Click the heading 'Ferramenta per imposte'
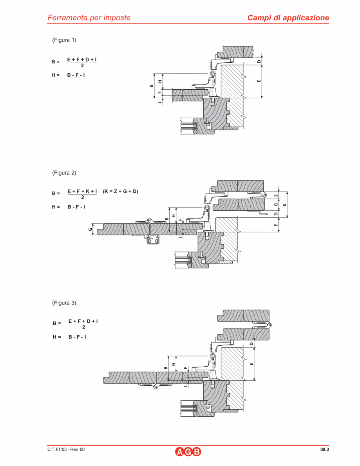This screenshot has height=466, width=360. point(89,18)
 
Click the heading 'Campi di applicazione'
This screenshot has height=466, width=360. point(288,18)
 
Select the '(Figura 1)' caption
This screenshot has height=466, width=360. point(64,40)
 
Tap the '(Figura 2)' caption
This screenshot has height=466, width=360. point(64,172)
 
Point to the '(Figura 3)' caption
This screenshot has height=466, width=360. point(64,303)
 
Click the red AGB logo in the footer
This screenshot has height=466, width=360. point(188,452)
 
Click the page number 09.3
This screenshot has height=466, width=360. point(324,450)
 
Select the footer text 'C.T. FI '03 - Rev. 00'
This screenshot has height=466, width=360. point(66,450)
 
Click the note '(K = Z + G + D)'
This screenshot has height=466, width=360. point(120,191)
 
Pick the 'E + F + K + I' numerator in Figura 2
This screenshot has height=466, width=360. point(82,191)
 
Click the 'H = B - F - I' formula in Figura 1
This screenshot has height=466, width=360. point(69,75)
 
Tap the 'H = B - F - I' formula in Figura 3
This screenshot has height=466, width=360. point(70,337)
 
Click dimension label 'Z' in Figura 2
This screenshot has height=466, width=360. point(276,195)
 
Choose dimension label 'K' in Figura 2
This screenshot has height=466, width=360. point(285,204)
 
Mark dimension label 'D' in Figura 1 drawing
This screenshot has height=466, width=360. point(259,61)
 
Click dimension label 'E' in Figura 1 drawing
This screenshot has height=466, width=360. point(259,81)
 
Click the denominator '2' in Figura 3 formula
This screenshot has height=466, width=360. point(83,327)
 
